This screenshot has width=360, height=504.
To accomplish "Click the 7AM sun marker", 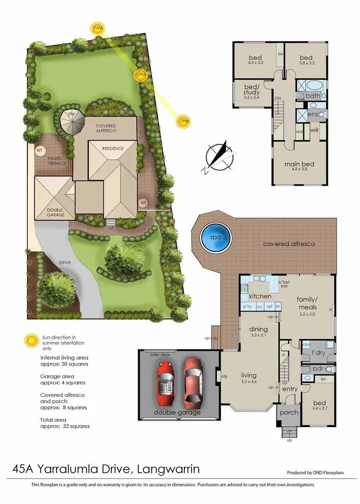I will pyautogui.click(x=97, y=29).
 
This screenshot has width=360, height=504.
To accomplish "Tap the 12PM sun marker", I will pyautogui.click(x=140, y=75).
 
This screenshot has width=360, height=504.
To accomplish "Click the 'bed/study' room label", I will pyautogui.click(x=252, y=92).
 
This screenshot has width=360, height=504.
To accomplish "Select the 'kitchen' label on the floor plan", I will pyautogui.click(x=260, y=297).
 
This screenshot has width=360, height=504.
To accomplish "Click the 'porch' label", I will pyautogui.click(x=288, y=412).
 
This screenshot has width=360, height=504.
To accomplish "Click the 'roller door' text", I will pyautogui.click(x=161, y=354).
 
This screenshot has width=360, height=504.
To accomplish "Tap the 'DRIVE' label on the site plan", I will pyautogui.click(x=65, y=263).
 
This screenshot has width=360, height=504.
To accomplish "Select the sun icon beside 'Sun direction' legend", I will pyautogui.click(x=32, y=341).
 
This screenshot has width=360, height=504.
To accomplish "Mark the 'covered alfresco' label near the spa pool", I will pyautogui.click(x=289, y=244).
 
